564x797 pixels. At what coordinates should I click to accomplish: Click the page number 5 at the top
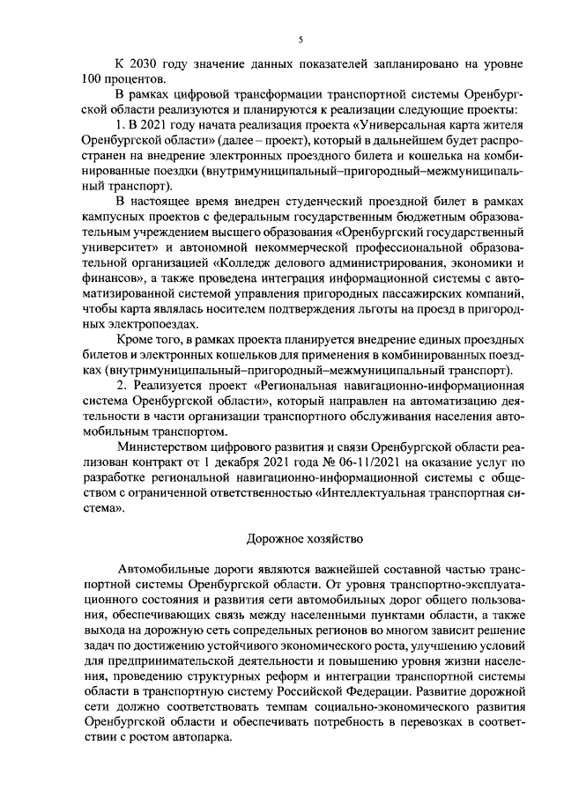coord(301,40)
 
